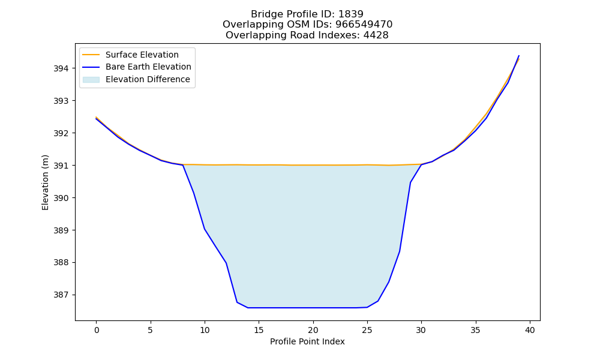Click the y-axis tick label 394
point(61,68)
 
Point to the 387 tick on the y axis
point(61,295)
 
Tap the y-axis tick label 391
point(61,166)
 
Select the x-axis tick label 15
point(259,330)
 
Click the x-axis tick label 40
point(530,330)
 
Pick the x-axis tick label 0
point(97,330)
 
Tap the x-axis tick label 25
point(367,330)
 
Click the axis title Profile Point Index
point(307,341)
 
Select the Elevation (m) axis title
point(46,182)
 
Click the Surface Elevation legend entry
point(142,55)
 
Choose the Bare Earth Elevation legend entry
point(148,67)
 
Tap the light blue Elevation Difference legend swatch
point(91,80)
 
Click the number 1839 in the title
point(351,14)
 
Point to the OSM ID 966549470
point(364,25)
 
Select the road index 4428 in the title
point(376,35)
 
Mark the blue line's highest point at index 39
point(519,56)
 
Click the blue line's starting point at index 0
point(97,119)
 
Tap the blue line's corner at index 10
point(205,229)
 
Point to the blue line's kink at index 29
point(410,182)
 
